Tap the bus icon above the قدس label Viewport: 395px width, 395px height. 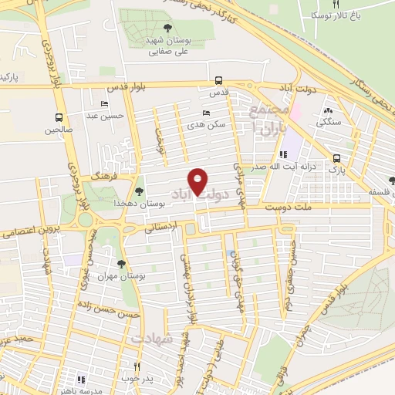pyautogui.click(x=218, y=79)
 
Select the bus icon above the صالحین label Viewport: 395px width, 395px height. pyautogui.click(x=59, y=118)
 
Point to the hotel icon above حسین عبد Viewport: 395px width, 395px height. pyautogui.click(x=104, y=104)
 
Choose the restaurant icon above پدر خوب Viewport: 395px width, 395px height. pyautogui.click(x=137, y=366)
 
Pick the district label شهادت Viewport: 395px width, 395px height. pyautogui.click(x=148, y=339)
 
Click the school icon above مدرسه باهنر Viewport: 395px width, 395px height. pyautogui.click(x=81, y=379)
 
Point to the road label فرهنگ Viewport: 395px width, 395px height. pyautogui.click(x=103, y=177)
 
